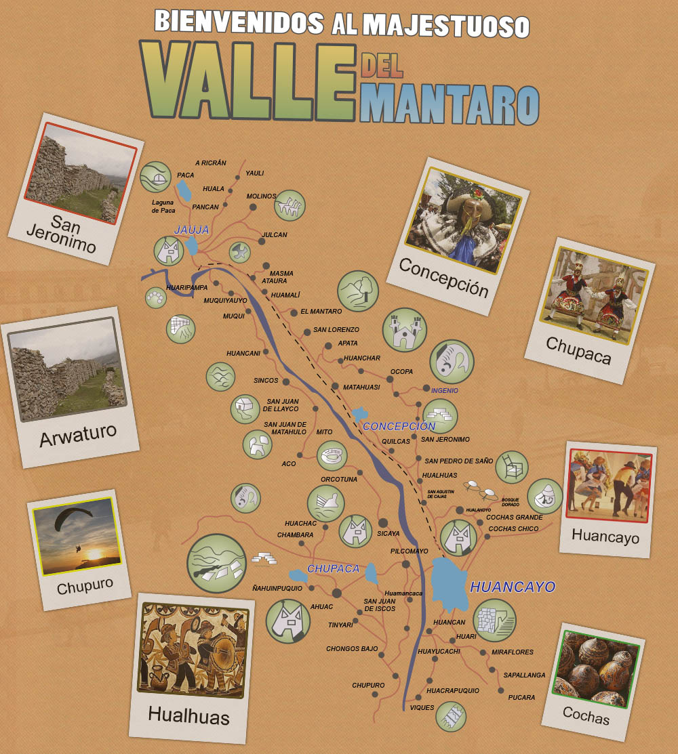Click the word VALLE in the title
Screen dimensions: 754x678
coord(247,81)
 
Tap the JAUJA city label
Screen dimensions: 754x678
coord(192,230)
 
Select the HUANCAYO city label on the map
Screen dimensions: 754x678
coord(513,587)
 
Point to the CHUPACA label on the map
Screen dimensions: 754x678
coord(333,568)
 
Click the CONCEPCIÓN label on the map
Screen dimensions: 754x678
coord(399,426)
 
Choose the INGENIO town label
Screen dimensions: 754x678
coord(445,390)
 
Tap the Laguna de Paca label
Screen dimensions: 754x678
coord(163,206)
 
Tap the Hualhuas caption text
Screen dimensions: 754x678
coord(188,716)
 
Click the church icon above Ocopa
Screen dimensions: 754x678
coord(404,330)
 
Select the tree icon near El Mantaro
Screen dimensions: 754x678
coord(357,291)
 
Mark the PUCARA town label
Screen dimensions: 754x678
coord(521,697)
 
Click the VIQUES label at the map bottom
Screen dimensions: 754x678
coord(422,708)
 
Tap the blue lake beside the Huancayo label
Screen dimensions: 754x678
coord(450,584)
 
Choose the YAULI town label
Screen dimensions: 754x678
coord(255,173)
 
